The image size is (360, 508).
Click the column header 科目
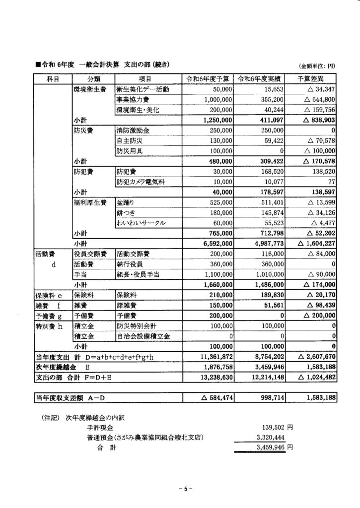53,79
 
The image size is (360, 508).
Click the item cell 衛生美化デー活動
143,89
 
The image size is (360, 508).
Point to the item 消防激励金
135,130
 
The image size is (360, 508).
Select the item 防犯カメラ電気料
141,182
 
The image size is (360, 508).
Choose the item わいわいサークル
141,223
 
